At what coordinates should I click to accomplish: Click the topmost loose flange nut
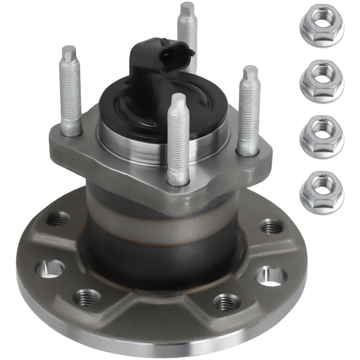tap(321, 25)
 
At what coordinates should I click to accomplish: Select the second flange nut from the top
tap(321, 81)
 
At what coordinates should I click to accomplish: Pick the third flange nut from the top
tap(321, 136)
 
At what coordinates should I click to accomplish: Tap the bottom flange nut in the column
tap(321, 192)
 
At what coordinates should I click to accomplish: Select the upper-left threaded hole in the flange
tap(58, 220)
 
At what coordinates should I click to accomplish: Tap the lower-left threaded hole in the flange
tap(87, 297)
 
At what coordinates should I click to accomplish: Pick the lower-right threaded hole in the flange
tap(226, 302)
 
